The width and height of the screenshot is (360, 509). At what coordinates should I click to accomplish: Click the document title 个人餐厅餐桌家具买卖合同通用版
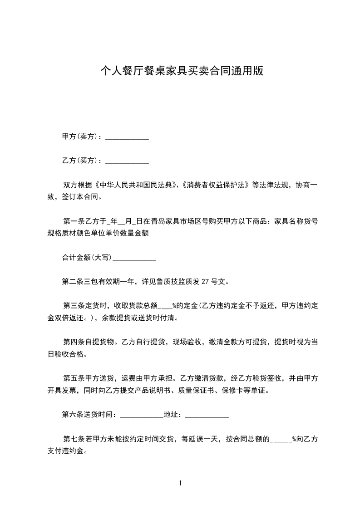182,71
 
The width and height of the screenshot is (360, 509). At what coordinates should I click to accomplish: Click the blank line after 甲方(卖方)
127,137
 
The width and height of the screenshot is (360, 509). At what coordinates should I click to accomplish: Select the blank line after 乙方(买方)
127,161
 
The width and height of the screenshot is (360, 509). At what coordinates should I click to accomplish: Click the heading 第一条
73,222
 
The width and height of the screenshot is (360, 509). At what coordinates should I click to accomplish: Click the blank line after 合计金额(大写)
134,258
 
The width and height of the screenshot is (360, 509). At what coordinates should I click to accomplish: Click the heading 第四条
73,342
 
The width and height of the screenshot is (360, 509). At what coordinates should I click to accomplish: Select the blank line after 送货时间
141,415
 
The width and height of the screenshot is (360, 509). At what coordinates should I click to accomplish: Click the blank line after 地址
207,415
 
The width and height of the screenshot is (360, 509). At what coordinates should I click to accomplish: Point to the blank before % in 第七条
281,439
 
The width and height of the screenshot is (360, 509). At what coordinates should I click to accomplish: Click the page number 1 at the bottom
180,484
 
